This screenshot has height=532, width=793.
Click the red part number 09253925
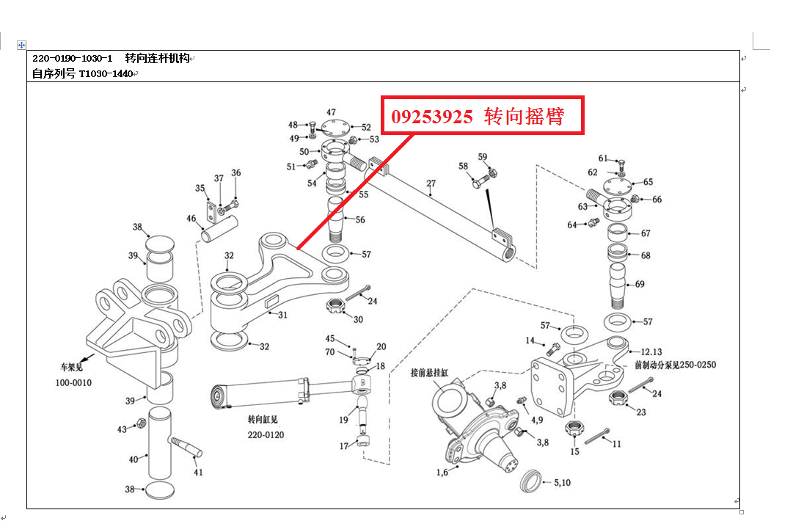coord(431,117)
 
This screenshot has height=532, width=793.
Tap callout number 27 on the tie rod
coord(431,183)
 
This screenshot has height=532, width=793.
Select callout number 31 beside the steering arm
coord(282,315)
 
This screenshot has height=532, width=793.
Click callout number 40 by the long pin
coord(133,459)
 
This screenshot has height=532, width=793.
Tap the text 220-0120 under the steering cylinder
coord(266,435)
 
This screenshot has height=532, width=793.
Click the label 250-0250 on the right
coord(697,365)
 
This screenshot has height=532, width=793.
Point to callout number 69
coord(640,284)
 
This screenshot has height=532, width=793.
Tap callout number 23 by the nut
coord(640,412)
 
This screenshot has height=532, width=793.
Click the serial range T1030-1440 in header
coord(106,73)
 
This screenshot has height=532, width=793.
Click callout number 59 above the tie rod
coord(482,157)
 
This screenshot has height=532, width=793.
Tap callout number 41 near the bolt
coord(198,473)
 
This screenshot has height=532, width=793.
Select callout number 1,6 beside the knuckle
coord(442,473)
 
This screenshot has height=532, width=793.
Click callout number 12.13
coord(651,351)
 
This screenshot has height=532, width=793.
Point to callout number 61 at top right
coord(603,158)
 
